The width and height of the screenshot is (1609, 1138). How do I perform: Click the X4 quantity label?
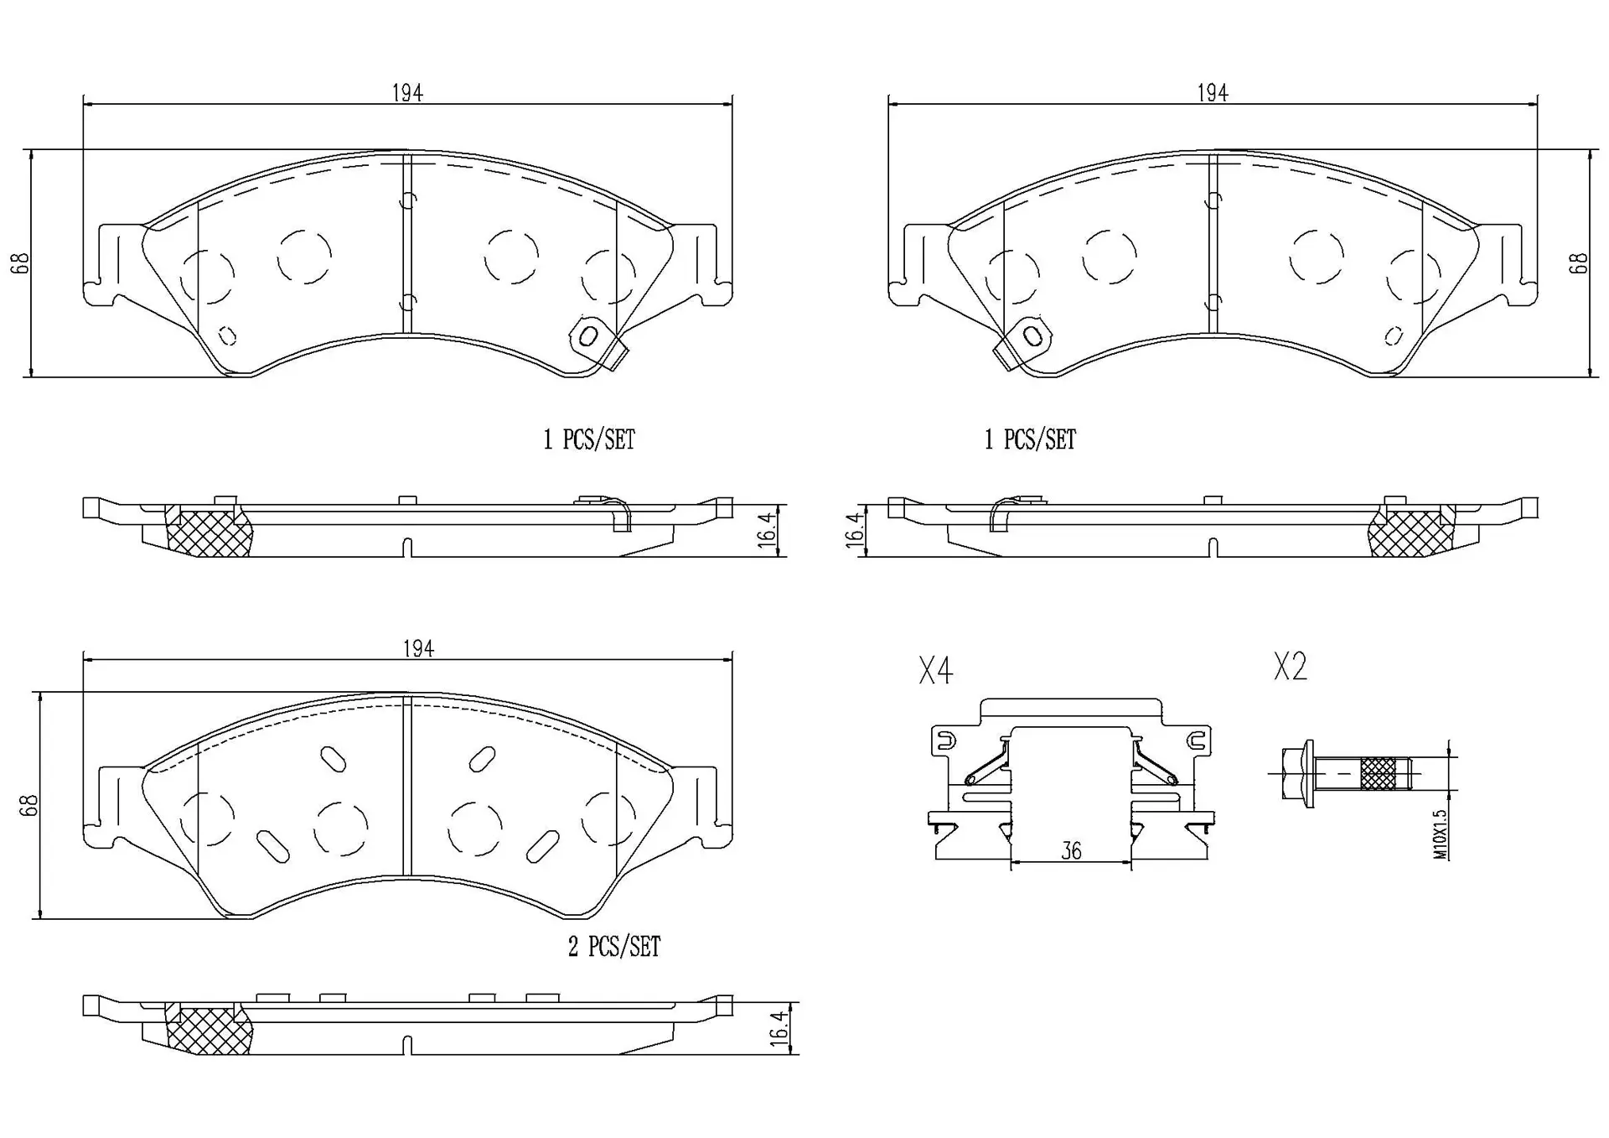click(935, 671)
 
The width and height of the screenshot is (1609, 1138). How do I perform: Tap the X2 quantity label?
click(1290, 667)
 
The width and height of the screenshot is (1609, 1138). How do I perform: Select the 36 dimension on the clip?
click(1071, 850)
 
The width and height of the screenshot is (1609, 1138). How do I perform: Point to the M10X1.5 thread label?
click(1440, 834)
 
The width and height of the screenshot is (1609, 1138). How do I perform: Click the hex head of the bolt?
click(1298, 772)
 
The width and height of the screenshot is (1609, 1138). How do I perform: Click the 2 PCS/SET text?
click(614, 947)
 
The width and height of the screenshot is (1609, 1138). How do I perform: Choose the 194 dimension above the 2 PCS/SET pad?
click(418, 648)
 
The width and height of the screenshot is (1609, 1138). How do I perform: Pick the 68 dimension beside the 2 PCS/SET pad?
click(29, 805)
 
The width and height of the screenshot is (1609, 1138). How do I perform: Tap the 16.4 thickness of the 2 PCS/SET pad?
click(779, 1028)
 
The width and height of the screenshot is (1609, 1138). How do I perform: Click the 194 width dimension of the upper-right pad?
click(1212, 92)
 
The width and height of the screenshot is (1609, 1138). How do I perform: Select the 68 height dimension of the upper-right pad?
click(1578, 263)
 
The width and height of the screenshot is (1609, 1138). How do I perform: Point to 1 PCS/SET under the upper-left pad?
click(589, 439)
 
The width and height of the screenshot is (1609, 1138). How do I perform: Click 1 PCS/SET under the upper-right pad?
click(1030, 439)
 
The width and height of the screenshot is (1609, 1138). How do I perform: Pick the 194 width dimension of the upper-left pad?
click(407, 92)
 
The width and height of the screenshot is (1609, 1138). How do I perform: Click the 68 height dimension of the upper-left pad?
click(22, 263)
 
